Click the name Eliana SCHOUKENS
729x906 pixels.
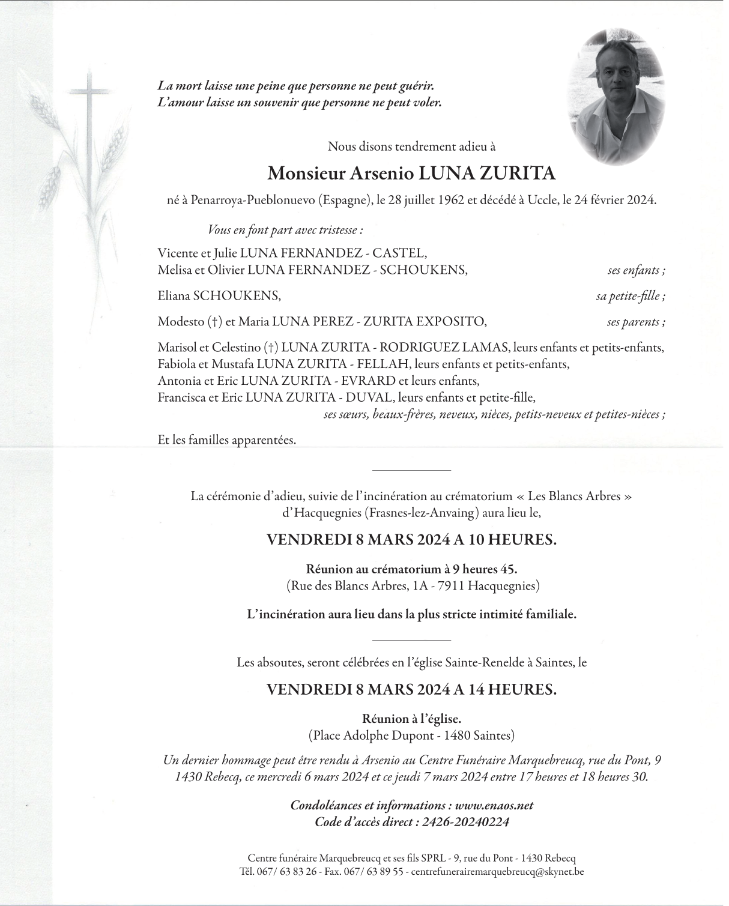(219, 296)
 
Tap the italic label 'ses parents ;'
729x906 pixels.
(635, 322)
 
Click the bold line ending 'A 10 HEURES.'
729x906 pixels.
(411, 540)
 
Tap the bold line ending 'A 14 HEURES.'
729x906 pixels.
(411, 689)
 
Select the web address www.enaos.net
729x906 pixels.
(494, 805)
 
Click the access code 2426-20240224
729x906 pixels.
(465, 822)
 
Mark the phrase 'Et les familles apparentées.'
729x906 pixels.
(227, 440)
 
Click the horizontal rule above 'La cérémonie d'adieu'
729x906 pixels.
(411, 470)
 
